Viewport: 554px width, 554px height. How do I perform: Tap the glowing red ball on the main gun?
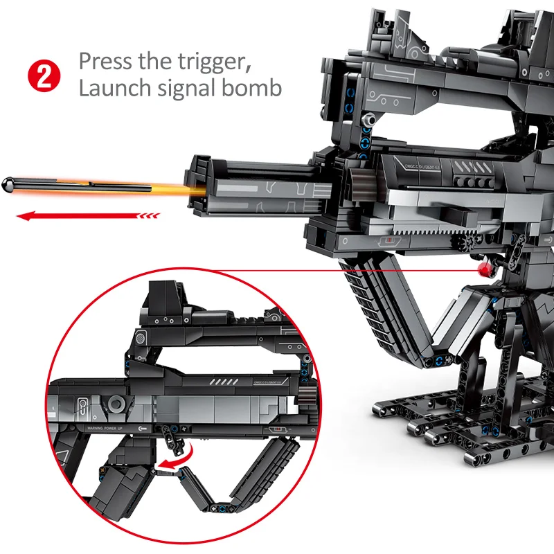pyautogui.click(x=483, y=267)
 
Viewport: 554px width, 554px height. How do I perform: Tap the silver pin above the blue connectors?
pyautogui.click(x=368, y=121)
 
